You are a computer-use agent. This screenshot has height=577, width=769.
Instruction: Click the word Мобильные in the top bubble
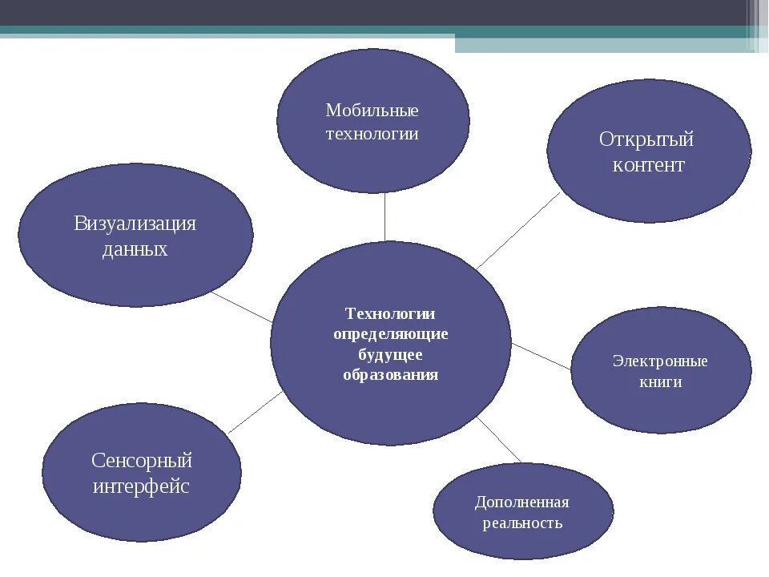pos(372,111)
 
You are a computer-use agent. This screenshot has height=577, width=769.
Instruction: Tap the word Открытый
pos(646,139)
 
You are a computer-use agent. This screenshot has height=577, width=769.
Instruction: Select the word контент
pos(649,166)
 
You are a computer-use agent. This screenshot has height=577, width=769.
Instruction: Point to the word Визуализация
pos(135,224)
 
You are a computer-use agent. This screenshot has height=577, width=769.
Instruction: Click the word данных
pos(135,249)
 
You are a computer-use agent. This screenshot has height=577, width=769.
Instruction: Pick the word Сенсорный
pos(142,461)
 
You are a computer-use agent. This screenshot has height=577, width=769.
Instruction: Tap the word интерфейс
pos(142,486)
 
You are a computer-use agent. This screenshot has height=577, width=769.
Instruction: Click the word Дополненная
pos(521,502)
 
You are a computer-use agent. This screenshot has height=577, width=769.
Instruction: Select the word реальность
pos(522,523)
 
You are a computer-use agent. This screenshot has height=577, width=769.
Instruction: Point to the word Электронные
pos(660,361)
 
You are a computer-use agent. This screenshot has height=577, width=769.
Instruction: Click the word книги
pos(661,382)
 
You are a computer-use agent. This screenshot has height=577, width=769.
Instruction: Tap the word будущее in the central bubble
pos(390,354)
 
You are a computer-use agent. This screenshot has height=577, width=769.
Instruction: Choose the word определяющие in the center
pos(390,334)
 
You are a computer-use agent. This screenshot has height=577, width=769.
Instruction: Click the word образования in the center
pos(390,375)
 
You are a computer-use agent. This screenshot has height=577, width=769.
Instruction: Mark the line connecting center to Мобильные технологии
pos(385,216)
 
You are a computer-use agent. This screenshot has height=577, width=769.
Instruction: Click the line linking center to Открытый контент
pos(517,231)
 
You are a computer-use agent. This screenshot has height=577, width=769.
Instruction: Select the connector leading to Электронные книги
pos(541,356)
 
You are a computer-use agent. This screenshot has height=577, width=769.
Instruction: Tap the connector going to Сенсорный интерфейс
pos(255,412)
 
